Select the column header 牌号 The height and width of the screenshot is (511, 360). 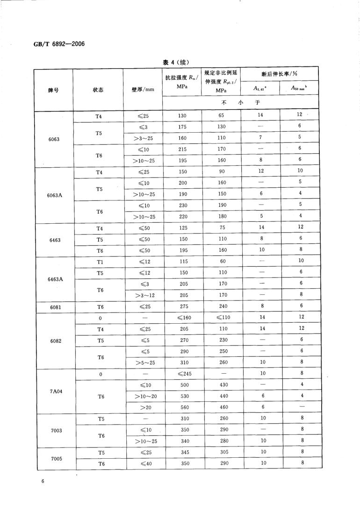(53, 90)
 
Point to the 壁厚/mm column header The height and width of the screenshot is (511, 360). (143, 90)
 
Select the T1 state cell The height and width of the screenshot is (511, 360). (99, 261)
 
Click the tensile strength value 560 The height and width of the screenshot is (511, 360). (183, 407)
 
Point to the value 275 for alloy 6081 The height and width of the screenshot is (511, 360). (183, 306)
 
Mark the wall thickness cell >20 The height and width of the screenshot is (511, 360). (143, 407)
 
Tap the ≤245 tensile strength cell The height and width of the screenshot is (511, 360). (183, 374)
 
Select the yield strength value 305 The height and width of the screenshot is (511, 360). (222, 452)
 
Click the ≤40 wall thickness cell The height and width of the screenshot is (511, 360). (143, 463)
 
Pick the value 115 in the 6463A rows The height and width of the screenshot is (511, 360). (183, 261)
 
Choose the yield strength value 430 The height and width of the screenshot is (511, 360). (222, 385)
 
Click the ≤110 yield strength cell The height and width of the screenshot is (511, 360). (222, 318)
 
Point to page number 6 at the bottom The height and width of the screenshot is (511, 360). (42, 481)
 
